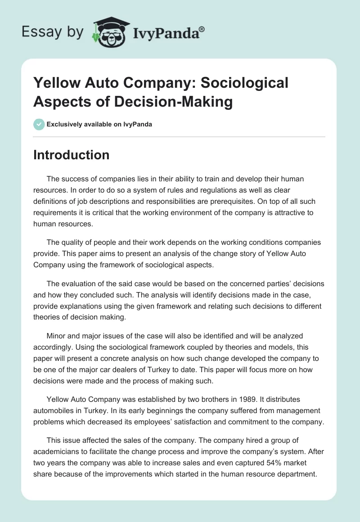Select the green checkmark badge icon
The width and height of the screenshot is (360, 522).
point(39,124)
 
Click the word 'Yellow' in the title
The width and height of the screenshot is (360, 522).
point(57,83)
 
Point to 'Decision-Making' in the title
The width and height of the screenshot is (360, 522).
point(173,102)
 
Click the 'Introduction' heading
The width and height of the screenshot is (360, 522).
point(71,155)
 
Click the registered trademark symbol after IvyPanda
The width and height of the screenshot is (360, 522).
point(202,29)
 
